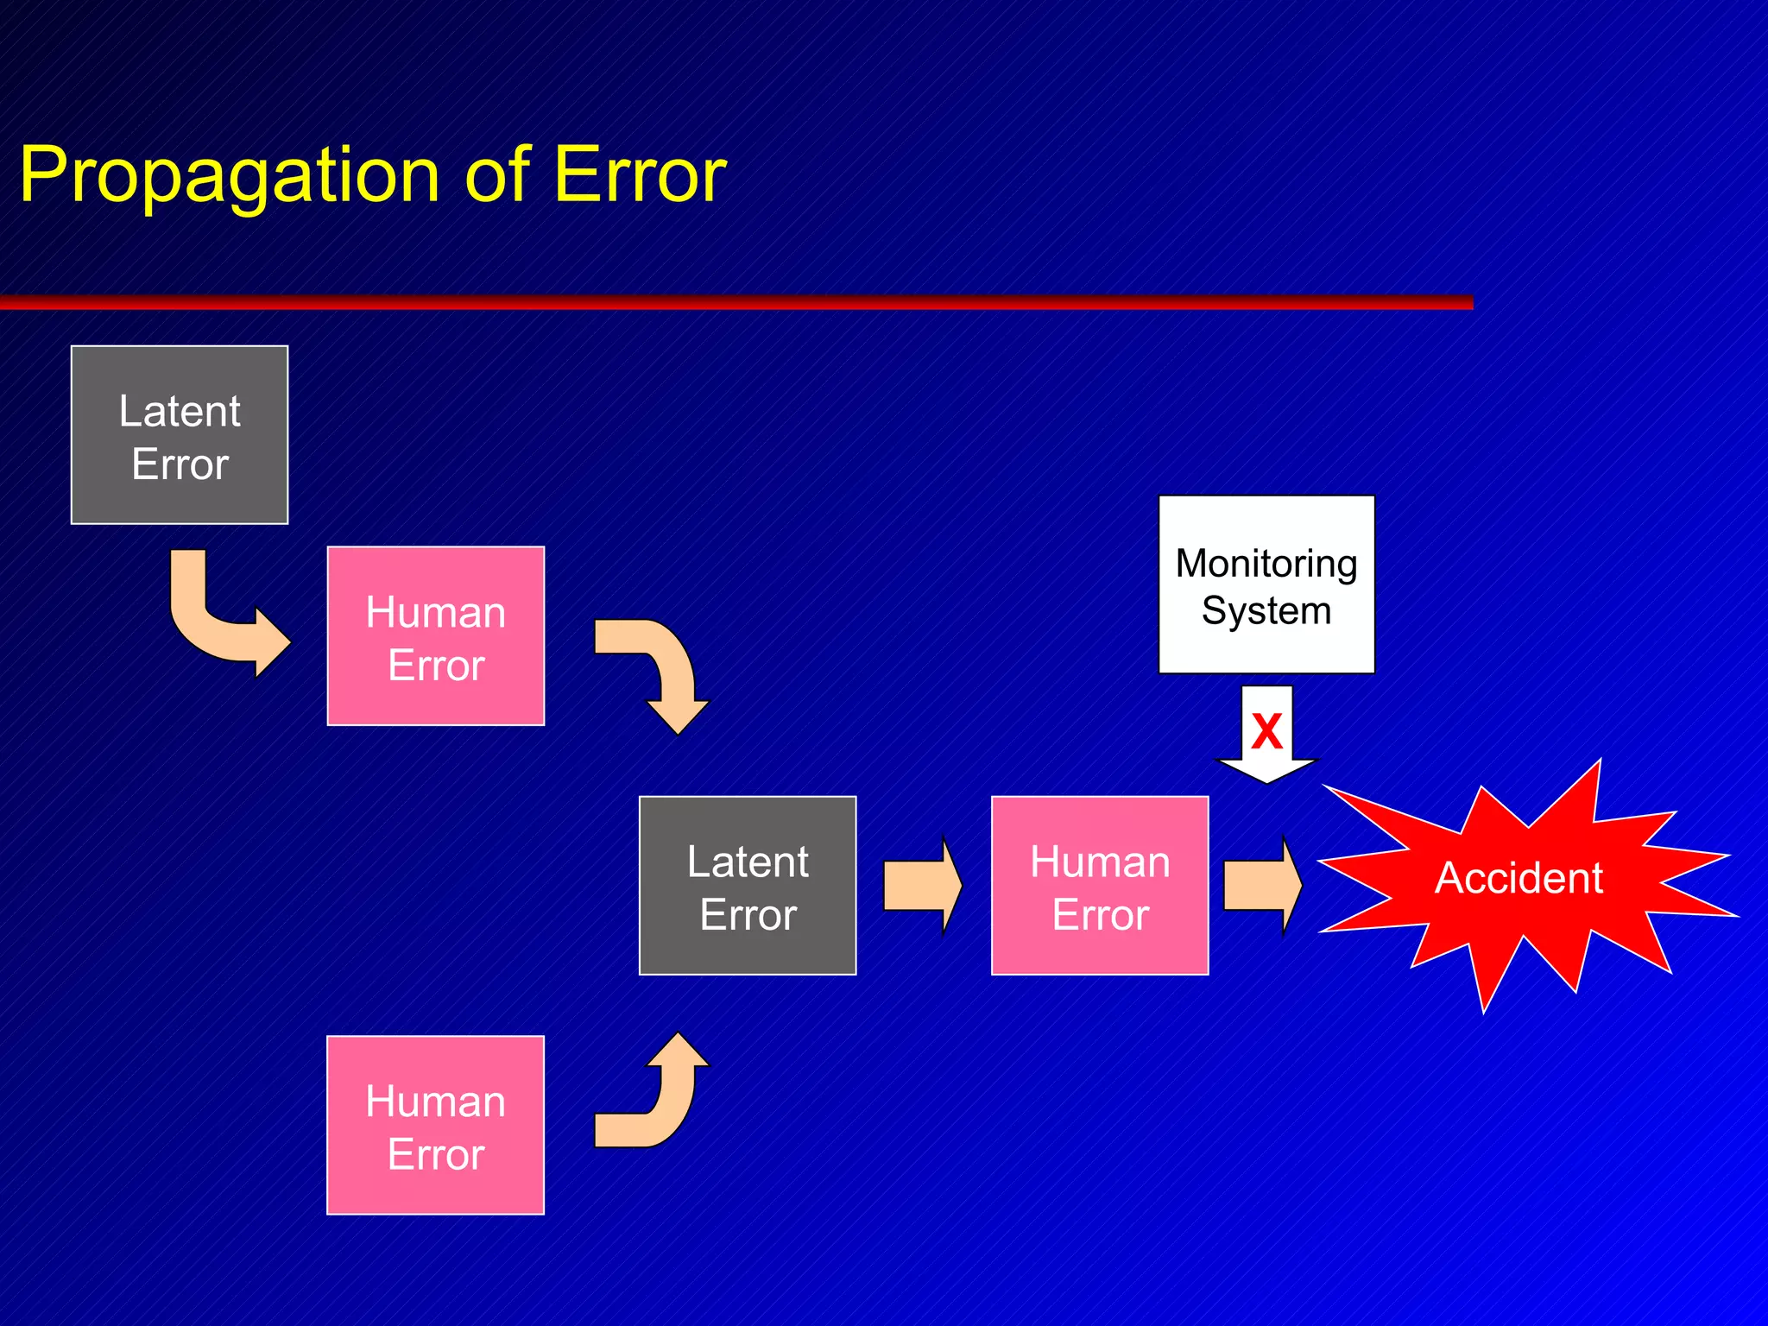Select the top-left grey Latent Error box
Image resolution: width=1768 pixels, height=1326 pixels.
[x=180, y=435]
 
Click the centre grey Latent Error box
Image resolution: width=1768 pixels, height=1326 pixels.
[x=748, y=886]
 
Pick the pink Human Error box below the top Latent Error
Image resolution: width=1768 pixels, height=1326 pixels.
[x=436, y=636]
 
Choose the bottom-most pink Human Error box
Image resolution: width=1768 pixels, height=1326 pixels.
[x=436, y=1125]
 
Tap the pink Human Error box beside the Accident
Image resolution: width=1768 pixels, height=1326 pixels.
[x=1100, y=886]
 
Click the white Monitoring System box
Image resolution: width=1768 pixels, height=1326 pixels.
[x=1266, y=584]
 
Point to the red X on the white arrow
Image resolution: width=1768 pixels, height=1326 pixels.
[x=1266, y=731]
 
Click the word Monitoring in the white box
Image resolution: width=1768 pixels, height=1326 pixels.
[x=1266, y=564]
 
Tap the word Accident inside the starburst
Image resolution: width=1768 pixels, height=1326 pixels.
[x=1519, y=878]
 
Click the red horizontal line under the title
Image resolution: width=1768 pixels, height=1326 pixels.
[x=734, y=302]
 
